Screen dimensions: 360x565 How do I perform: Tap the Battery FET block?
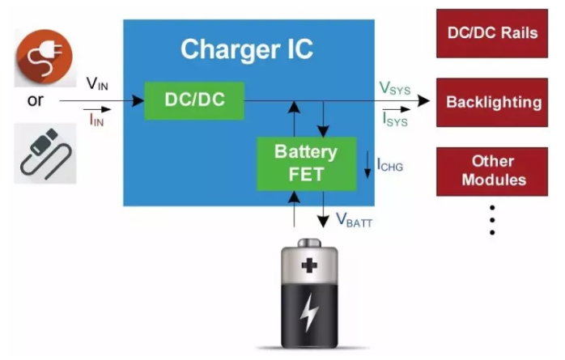coord(305,162)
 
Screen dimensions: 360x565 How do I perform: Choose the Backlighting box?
coord(493,103)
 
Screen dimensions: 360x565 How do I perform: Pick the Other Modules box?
coord(493,171)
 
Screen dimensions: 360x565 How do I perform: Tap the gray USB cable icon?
coord(45,150)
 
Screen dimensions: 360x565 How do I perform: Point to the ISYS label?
coord(394,121)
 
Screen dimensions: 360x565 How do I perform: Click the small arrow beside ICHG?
coord(368,165)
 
